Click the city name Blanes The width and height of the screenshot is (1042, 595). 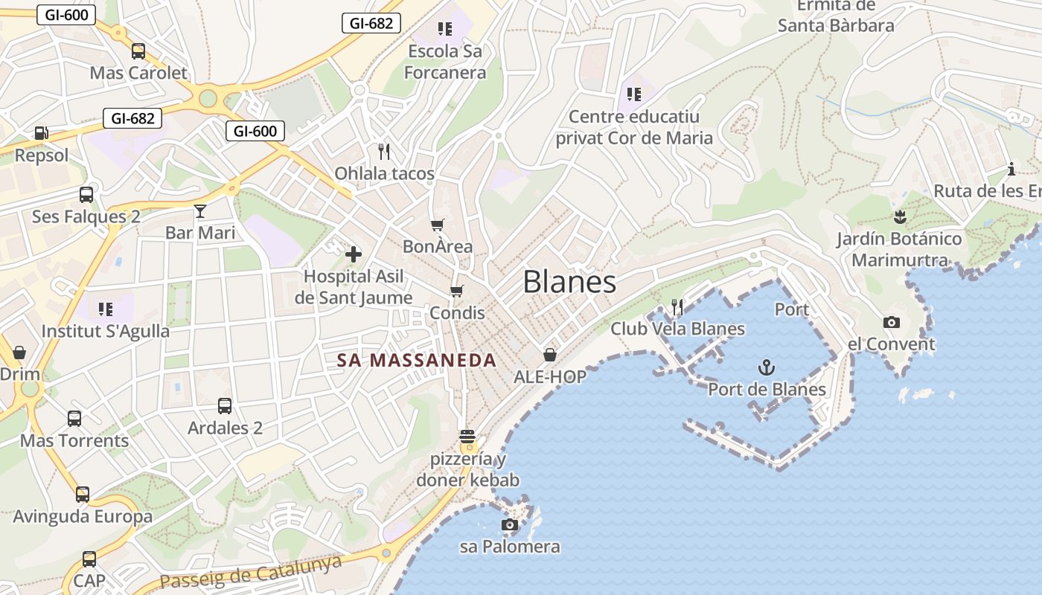tap(569, 283)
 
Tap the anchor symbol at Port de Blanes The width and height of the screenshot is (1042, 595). tap(766, 367)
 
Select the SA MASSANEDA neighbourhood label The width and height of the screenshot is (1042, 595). tap(416, 361)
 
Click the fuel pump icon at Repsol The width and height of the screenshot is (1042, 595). tap(41, 134)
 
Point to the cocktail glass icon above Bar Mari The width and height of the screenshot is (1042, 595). tap(199, 211)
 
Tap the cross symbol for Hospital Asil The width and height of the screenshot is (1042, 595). tap(354, 254)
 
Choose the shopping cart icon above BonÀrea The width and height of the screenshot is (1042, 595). tap(438, 225)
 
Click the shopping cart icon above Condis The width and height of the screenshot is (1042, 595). tap(456, 291)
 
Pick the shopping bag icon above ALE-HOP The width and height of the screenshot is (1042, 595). tap(550, 355)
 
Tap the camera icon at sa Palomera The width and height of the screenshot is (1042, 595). tap(510, 525)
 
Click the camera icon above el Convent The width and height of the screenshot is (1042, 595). tap(891, 322)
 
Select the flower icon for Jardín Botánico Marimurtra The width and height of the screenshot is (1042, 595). tap(900, 217)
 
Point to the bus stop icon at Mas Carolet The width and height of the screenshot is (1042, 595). tap(138, 51)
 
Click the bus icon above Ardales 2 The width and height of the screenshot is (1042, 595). tap(225, 406)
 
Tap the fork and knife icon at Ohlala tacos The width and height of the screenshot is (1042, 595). tap(384, 152)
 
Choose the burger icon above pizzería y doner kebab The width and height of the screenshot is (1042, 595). tap(467, 437)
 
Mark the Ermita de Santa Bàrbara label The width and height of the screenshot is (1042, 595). tap(836, 16)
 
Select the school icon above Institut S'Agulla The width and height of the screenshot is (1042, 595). tap(105, 309)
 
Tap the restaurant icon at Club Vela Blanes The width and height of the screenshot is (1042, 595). tap(677, 306)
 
